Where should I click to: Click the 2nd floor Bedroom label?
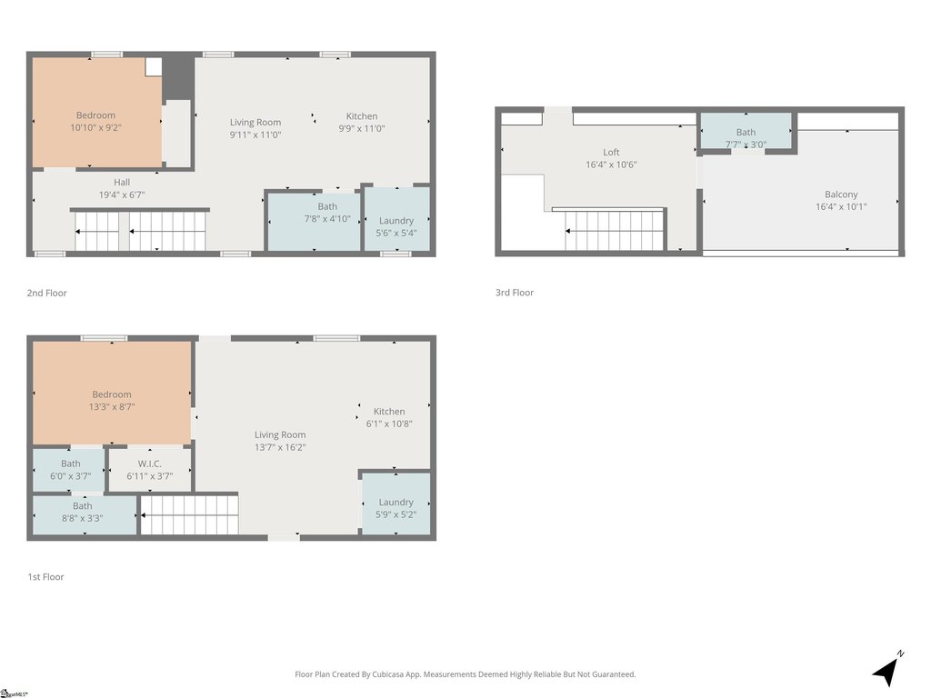point(95,115)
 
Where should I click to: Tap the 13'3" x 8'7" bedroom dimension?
point(112,406)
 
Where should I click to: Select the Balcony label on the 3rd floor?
point(841,194)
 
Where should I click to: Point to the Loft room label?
point(611,152)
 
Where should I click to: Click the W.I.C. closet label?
point(150,464)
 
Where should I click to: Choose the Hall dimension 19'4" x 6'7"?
point(122,194)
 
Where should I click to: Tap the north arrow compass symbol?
point(888,668)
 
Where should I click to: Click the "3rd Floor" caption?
point(515,292)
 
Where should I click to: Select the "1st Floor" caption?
point(45,576)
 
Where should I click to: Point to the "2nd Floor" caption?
point(47,293)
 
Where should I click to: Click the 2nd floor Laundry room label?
point(396,221)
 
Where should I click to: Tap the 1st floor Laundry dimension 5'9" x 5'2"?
point(396,514)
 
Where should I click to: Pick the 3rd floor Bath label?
point(746,133)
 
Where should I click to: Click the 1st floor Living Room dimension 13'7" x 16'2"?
point(280,447)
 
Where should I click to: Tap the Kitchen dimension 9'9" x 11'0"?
point(362,128)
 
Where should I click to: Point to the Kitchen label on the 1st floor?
point(389,412)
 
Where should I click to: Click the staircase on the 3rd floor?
point(614,230)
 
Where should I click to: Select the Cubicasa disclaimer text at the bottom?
point(465,674)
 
